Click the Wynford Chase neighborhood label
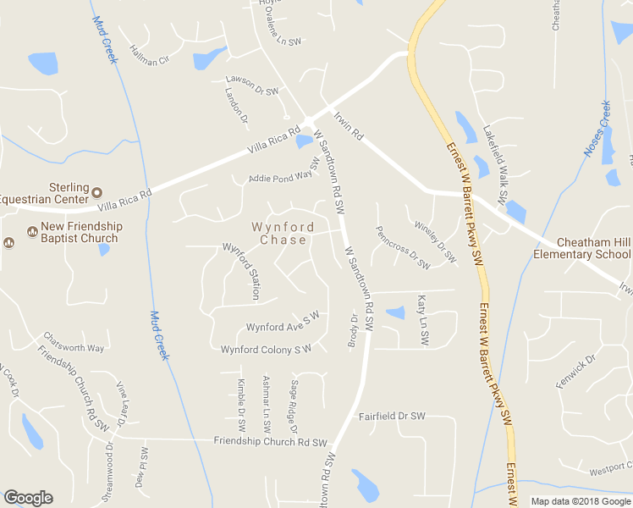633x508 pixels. pyautogui.click(x=283, y=234)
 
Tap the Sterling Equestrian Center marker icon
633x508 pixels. pyautogui.click(x=96, y=191)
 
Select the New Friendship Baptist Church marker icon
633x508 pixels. pyautogui.click(x=32, y=230)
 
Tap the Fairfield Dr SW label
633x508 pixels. pyautogui.click(x=391, y=417)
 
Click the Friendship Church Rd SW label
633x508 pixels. pyautogui.click(x=270, y=442)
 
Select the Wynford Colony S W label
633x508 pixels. pyautogui.click(x=267, y=350)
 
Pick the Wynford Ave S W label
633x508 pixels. pyautogui.click(x=282, y=323)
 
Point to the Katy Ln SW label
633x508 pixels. pyautogui.click(x=422, y=319)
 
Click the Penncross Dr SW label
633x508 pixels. pyautogui.click(x=403, y=247)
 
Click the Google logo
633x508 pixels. pyautogui.click(x=28, y=498)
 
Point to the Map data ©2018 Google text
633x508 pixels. pyautogui.click(x=581, y=501)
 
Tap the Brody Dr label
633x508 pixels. pyautogui.click(x=354, y=330)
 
